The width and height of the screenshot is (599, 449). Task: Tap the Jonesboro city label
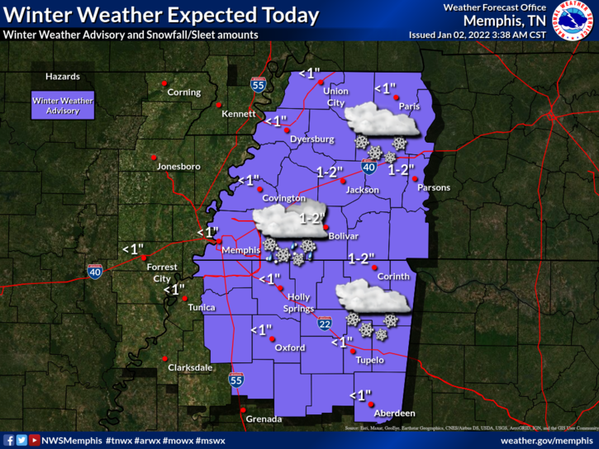(178, 167)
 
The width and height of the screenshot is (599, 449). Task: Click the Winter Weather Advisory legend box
(63, 105)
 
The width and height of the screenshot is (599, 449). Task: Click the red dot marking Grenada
(242, 409)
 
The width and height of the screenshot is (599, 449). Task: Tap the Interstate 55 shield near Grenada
(236, 380)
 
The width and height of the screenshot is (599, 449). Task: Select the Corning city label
(183, 92)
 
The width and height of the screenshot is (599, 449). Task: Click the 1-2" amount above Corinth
(361, 258)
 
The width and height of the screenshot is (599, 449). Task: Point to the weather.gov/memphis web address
(546, 441)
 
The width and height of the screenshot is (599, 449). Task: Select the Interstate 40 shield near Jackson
(369, 168)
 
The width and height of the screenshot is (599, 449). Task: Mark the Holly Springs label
(299, 303)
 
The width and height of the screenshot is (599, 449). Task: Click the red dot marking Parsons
(416, 179)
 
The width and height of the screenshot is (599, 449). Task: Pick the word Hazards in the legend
(63, 77)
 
